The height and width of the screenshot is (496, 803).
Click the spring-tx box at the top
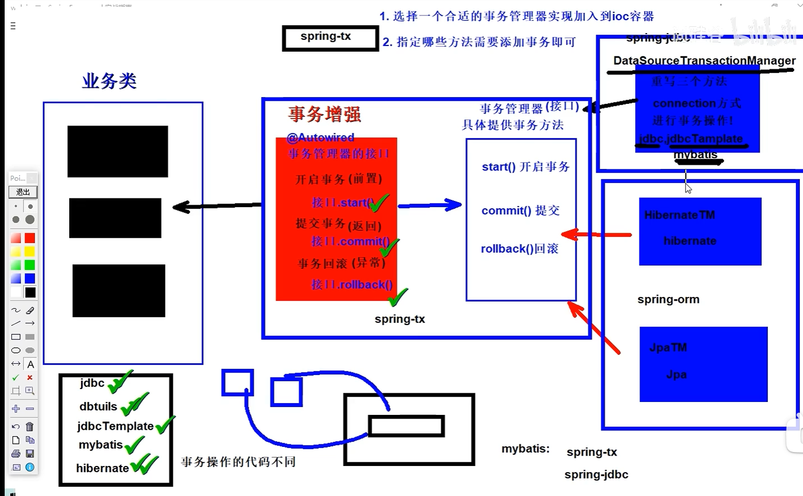point(330,38)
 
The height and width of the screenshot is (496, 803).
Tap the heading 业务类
point(109,81)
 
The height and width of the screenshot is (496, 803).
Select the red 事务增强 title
point(325,114)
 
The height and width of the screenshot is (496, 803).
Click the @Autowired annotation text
point(320,137)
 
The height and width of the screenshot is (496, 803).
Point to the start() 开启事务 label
point(525,167)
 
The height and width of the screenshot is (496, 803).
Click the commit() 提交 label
point(520,211)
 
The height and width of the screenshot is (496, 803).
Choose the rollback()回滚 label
point(519,249)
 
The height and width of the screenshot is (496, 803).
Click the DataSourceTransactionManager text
point(704,61)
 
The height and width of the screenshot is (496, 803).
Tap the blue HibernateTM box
point(700,231)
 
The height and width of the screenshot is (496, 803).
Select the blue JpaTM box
point(703,364)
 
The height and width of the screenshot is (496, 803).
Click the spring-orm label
point(668,300)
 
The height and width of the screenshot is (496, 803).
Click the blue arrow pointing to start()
point(429,205)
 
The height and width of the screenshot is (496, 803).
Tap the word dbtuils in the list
point(98,407)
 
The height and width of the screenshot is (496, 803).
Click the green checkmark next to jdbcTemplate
point(165,425)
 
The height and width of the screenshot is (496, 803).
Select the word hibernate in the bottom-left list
point(102,468)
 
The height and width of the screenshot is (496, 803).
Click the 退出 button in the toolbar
point(23,192)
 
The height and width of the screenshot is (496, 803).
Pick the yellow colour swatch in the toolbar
point(30,252)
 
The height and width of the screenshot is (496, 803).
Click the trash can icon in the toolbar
point(30,426)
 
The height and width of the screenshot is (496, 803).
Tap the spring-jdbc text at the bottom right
point(596,475)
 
